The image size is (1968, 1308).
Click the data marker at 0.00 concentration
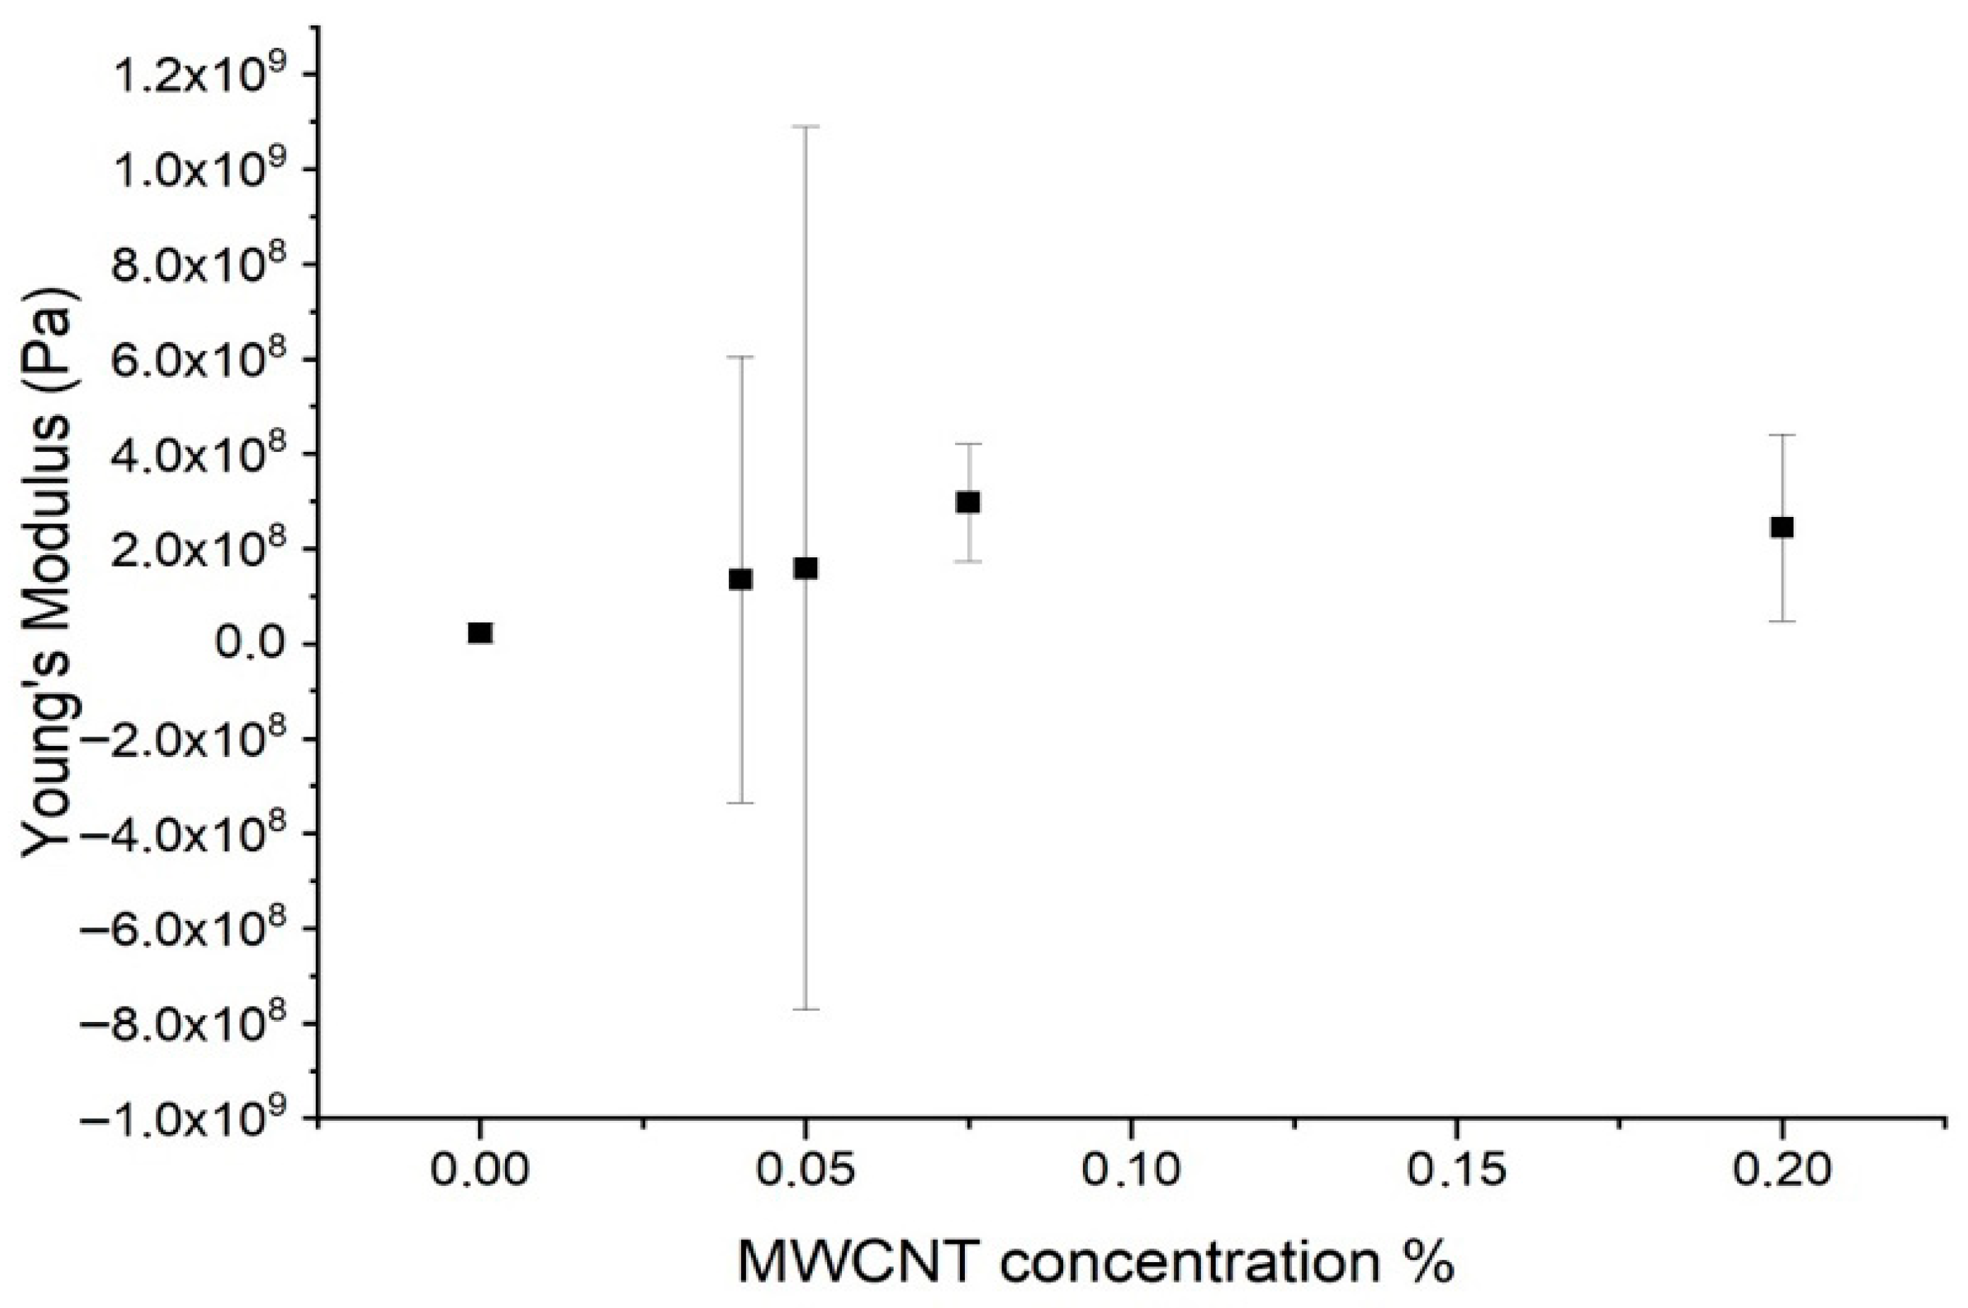click(x=480, y=633)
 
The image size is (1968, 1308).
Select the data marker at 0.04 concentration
click(x=741, y=579)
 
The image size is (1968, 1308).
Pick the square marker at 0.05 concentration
click(x=806, y=568)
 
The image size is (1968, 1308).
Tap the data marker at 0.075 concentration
click(x=968, y=502)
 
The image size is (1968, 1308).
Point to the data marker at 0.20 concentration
click(x=1782, y=527)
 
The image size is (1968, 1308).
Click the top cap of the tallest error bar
click(x=806, y=127)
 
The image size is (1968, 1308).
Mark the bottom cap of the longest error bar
click(x=806, y=1009)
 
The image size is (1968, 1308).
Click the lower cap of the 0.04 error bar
click(x=741, y=802)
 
